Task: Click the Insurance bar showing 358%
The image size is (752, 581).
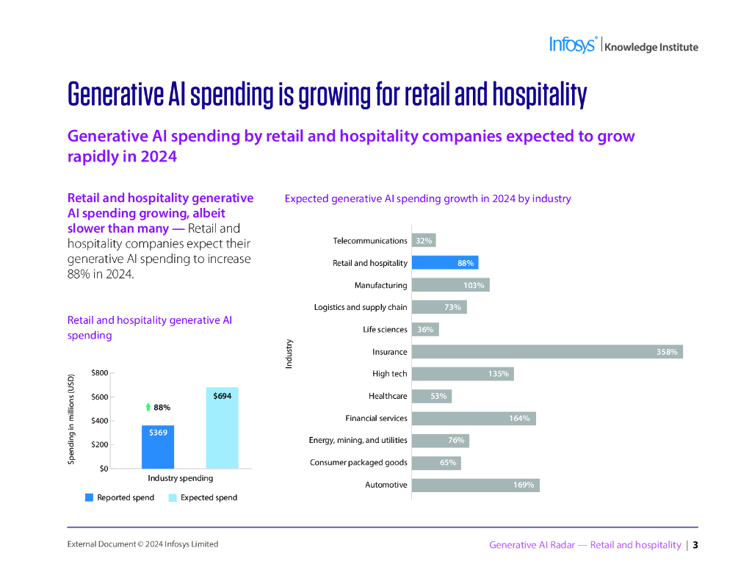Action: tap(547, 352)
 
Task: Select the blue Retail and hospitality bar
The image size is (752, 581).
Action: tap(445, 263)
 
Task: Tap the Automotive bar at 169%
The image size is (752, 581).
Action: tap(475, 485)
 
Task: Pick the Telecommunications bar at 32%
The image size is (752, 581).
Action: tap(424, 241)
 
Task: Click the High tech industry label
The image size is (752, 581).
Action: tap(389, 374)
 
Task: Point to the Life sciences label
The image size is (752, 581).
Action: tap(385, 330)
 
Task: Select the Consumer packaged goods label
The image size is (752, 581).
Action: tap(358, 463)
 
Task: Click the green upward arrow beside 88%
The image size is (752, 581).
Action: tap(148, 407)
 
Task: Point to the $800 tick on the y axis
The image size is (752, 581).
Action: tap(99, 373)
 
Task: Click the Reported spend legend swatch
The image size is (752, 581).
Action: tap(90, 497)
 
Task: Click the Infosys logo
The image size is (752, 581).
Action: tap(573, 45)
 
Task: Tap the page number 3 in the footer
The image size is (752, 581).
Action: tap(695, 545)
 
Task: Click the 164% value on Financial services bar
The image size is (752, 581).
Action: tap(519, 419)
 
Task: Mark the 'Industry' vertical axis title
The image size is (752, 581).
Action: tap(289, 353)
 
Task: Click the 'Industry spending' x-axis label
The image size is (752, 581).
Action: tap(181, 478)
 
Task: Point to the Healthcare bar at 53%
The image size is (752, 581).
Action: tap(431, 396)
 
